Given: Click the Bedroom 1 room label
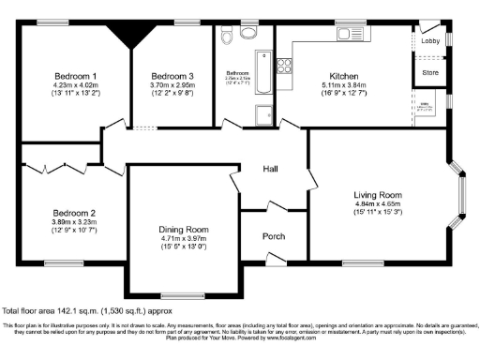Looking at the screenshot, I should click(76, 75).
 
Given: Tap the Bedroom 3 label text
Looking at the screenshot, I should click(172, 75).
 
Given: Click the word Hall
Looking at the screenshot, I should click(270, 169).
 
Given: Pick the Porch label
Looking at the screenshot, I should click(273, 236).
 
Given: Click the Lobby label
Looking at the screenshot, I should click(430, 41).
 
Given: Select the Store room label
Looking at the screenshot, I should click(430, 70).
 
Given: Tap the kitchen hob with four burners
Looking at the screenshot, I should click(283, 66).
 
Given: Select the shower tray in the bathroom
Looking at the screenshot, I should click(263, 114).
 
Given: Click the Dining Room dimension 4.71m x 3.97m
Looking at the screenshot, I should click(183, 239).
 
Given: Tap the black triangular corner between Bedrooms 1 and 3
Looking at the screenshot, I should click(124, 35).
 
